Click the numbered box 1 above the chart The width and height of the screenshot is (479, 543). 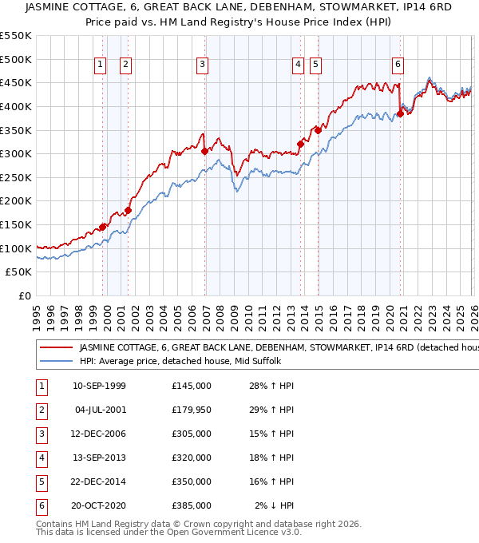pos(101,65)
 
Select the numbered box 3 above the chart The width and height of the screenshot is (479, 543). pos(203,65)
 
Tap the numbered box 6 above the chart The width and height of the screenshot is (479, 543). pos(398,65)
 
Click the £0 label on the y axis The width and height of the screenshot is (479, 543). pos(25,295)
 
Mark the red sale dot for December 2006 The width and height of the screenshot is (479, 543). pos(205,151)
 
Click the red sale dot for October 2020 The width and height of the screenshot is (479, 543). pos(400,113)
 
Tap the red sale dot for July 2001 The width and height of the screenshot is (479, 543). pos(128,210)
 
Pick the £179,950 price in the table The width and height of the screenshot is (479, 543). pos(192,410)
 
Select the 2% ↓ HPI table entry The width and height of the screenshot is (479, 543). pos(275,505)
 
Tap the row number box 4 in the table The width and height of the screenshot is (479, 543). pos(41,458)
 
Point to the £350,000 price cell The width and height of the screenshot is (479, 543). pos(192,482)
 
